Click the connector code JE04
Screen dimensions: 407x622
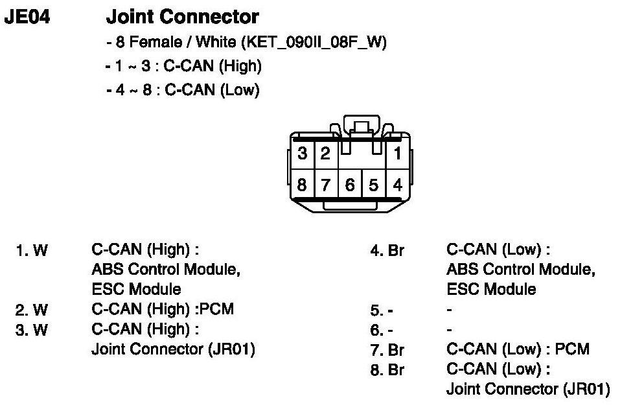pos(27,17)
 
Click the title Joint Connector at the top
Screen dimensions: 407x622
pos(182,17)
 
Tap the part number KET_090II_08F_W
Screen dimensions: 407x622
pos(313,43)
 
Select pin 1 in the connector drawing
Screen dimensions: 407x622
pos(398,154)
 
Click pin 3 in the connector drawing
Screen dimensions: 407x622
pos(303,154)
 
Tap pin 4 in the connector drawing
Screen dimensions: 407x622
pos(398,185)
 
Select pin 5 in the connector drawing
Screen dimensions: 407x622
pos(374,185)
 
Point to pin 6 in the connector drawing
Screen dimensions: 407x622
pos(350,185)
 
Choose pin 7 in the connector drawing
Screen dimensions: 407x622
pos(326,185)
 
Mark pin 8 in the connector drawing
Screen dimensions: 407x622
pos(303,185)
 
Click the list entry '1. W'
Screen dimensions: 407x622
pos(31,251)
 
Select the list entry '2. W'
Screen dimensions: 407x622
pos(31,310)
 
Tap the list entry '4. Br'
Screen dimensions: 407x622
pos(387,251)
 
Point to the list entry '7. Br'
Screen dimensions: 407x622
pos(387,351)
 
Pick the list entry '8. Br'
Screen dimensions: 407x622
pos(387,370)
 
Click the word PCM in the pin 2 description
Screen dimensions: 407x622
pos(217,309)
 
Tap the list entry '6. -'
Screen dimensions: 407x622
pos(382,331)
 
